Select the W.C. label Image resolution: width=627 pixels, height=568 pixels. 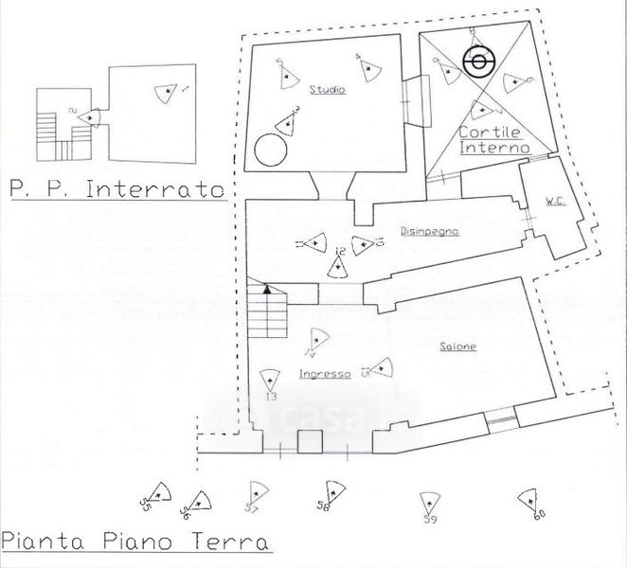pos(553,201)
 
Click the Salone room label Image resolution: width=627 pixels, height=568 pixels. pos(457,347)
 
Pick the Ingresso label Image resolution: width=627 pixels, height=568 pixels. pos(325,373)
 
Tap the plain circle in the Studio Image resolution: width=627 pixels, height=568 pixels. pos(270,150)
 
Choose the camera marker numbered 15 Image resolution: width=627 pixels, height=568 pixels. pos(381,367)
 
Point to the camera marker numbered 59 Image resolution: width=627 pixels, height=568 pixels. pos(429,504)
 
